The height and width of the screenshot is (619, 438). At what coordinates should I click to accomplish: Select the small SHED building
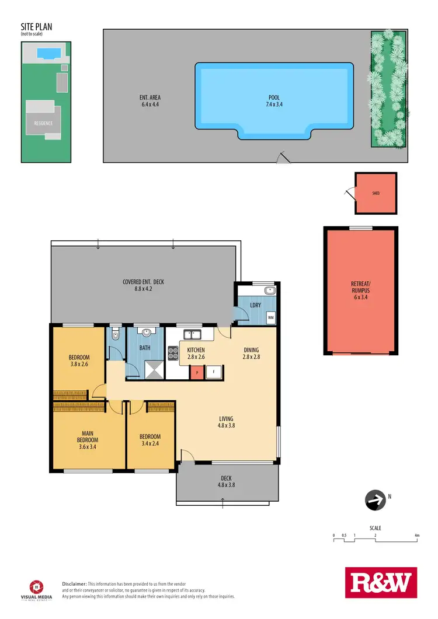pyautogui.click(x=376, y=193)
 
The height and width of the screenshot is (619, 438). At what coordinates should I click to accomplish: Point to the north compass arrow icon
pyautogui.click(x=375, y=500)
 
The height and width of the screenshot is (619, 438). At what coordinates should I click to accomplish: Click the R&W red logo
pyautogui.click(x=381, y=583)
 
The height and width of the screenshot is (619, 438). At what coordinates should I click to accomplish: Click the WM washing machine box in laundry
pyautogui.click(x=270, y=318)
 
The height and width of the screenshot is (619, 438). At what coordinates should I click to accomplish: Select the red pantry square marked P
pyautogui.click(x=197, y=372)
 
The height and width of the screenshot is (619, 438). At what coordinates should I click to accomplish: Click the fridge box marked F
pyautogui.click(x=214, y=372)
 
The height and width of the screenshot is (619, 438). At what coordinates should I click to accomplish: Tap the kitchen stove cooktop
pyautogui.click(x=173, y=352)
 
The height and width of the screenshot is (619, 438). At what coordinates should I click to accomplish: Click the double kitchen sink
pyautogui.click(x=192, y=335)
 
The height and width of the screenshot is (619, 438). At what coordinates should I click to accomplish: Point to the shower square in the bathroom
pyautogui.click(x=155, y=369)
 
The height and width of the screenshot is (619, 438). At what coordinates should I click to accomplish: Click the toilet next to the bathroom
pyautogui.click(x=114, y=334)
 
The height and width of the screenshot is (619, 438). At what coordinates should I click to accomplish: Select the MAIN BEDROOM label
pyautogui.click(x=88, y=440)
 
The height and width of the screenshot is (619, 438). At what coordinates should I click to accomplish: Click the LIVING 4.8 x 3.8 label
pyautogui.click(x=226, y=422)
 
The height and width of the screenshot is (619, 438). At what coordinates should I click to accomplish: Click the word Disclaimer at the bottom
pyautogui.click(x=74, y=583)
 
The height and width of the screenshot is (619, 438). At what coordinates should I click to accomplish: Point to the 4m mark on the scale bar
pyautogui.click(x=417, y=535)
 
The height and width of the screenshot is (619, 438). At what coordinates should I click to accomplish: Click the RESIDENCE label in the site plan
pyautogui.click(x=42, y=123)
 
